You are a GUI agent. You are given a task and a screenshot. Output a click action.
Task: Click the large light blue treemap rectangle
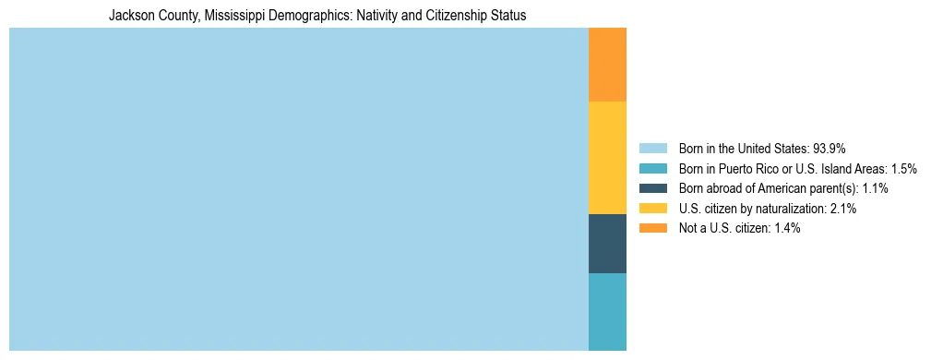click(298, 189)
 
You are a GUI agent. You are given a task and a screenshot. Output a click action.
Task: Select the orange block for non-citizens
click(607, 65)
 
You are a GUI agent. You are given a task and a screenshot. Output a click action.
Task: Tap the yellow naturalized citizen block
click(607, 157)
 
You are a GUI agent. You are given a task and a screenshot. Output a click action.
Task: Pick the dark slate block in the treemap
click(607, 243)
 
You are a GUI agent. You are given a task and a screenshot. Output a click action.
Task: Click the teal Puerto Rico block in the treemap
click(607, 311)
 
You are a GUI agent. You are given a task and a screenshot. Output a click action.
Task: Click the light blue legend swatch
click(652, 148)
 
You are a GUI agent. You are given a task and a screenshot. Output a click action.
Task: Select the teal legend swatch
click(652, 168)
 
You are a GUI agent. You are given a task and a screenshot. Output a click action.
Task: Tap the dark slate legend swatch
click(652, 188)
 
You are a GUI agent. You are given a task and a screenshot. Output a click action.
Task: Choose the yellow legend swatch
click(652, 209)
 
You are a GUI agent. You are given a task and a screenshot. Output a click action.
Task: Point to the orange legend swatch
click(652, 228)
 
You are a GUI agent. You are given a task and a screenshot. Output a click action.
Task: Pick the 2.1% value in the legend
click(842, 209)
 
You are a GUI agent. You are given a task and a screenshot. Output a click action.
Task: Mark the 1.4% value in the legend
click(786, 228)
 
